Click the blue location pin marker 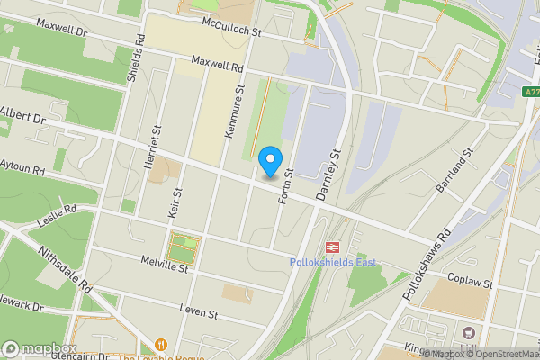click(x=268, y=162)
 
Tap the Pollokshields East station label click(x=332, y=262)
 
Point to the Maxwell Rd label click(x=216, y=64)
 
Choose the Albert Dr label click(x=22, y=115)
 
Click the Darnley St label click(x=331, y=171)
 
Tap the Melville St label click(x=163, y=264)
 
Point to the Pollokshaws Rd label click(x=429, y=261)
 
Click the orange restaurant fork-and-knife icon click(x=161, y=345)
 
